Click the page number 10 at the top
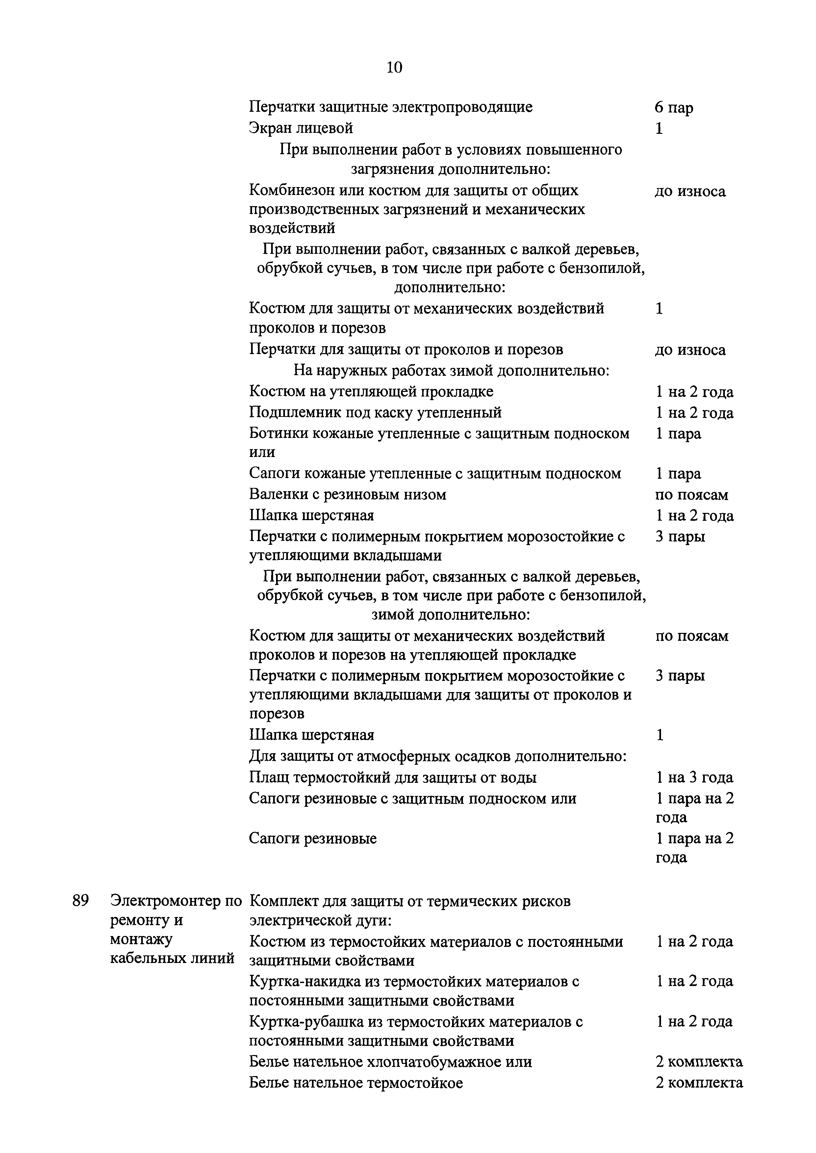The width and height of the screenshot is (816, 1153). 395,67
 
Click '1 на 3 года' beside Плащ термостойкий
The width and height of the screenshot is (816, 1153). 694,778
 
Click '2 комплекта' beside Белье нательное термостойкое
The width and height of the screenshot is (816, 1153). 699,1083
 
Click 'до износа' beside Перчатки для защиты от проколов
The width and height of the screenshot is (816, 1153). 690,350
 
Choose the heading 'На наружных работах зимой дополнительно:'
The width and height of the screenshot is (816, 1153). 451,371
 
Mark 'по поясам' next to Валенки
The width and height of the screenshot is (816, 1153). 691,495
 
